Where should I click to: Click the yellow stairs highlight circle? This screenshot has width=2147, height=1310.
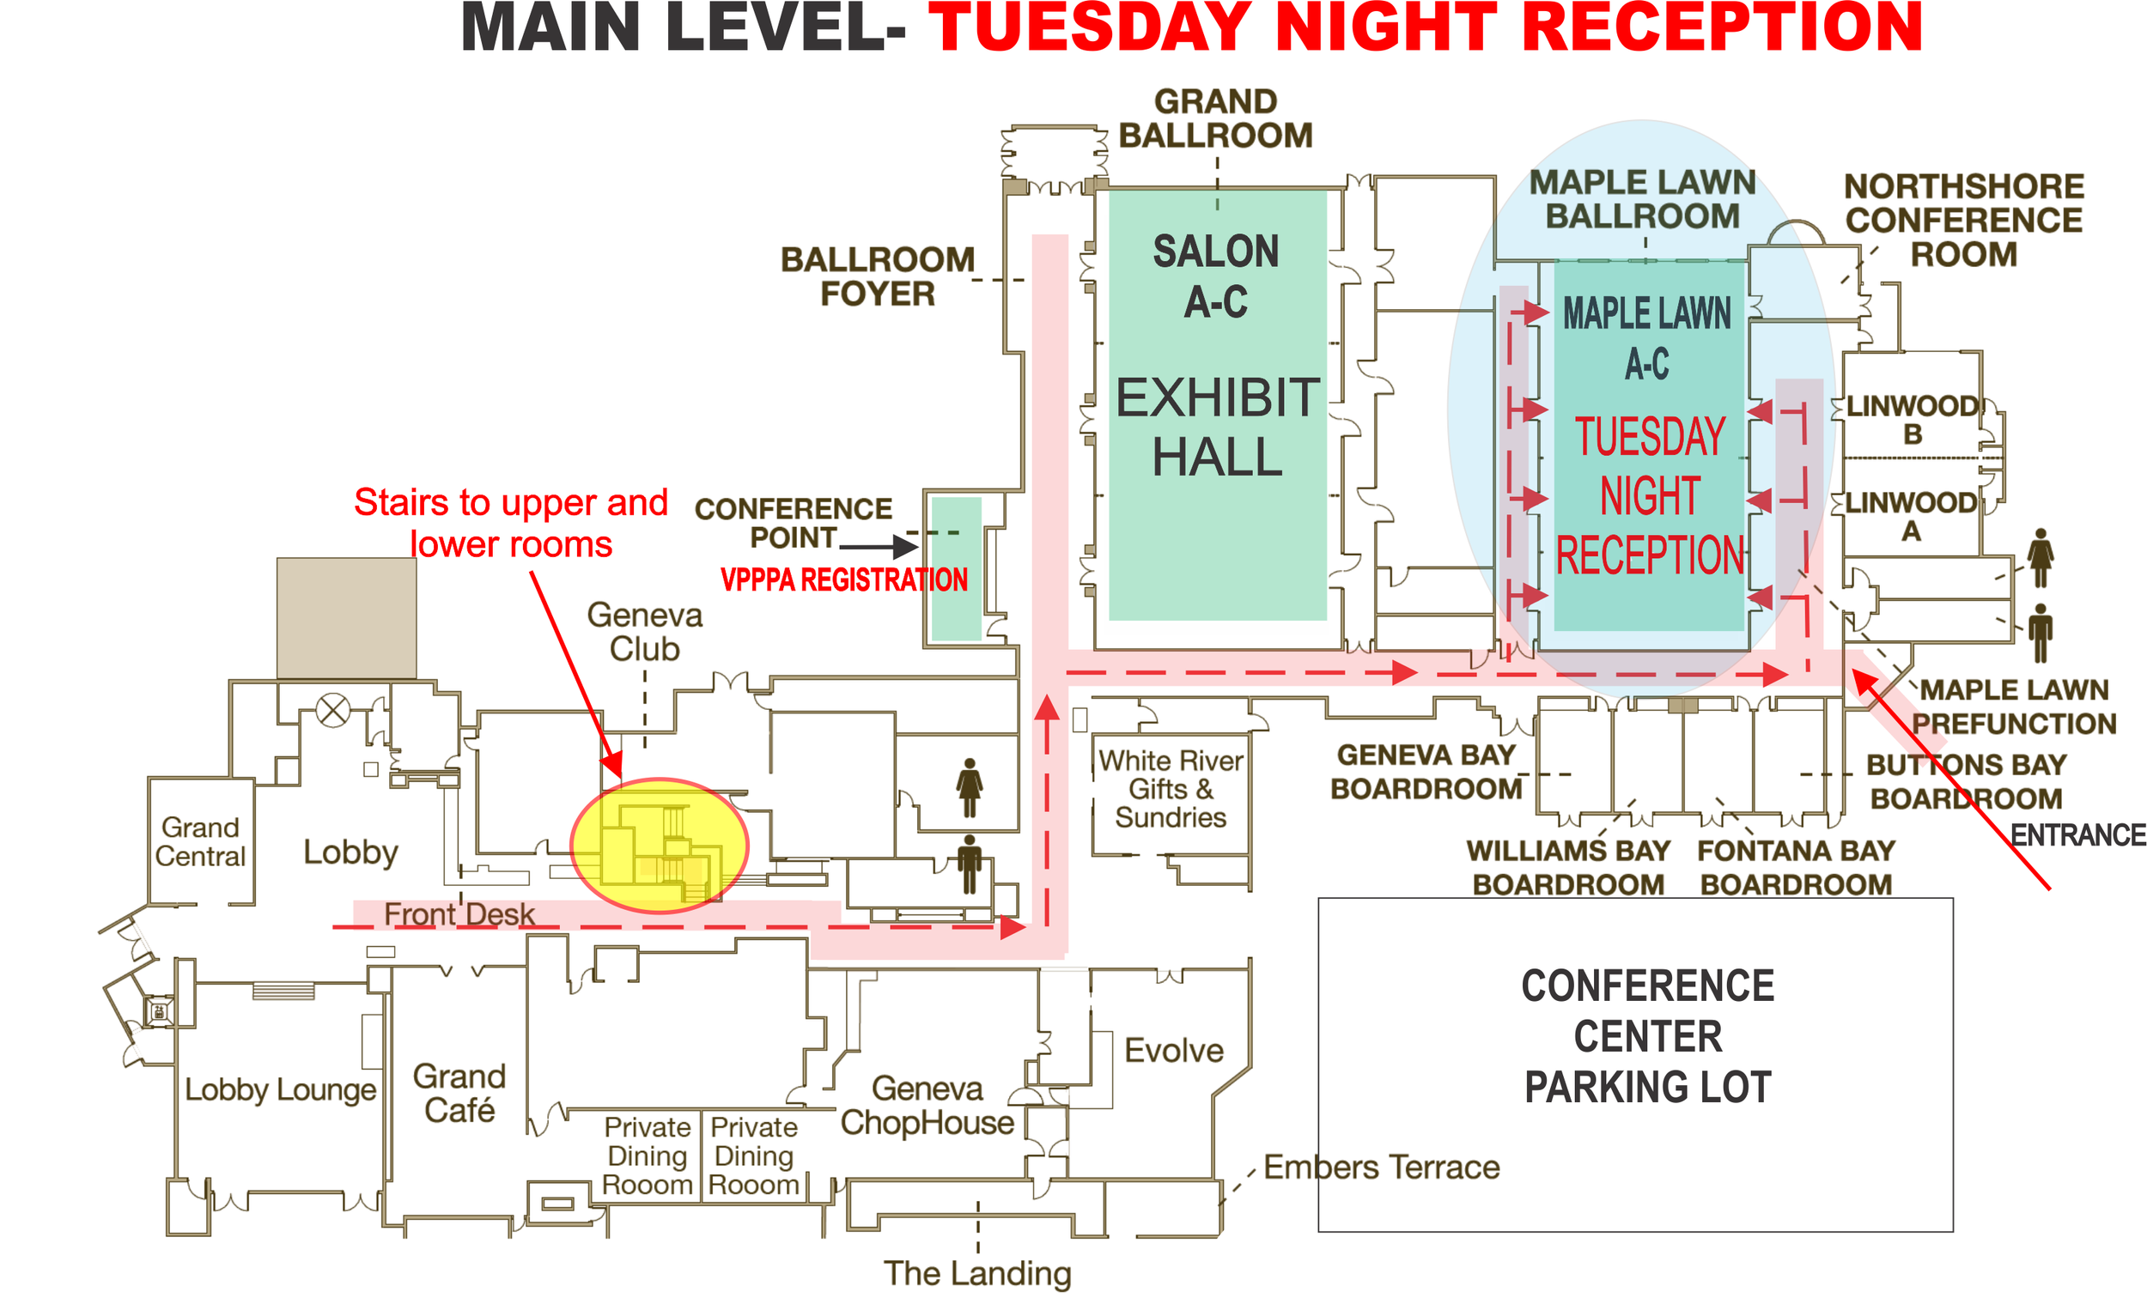(x=660, y=845)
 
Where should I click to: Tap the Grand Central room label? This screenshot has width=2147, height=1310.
(x=200, y=841)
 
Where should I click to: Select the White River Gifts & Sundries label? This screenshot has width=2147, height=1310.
(x=1171, y=788)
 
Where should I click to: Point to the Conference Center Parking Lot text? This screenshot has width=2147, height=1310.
(x=1648, y=1035)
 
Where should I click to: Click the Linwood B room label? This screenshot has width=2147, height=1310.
(x=1913, y=420)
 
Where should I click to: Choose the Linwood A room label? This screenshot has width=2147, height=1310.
(x=1911, y=517)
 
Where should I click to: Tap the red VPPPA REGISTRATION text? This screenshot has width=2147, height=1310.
(x=843, y=579)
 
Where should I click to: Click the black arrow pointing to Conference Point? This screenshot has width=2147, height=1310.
(x=879, y=547)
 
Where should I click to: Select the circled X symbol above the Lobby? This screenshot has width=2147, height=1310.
(x=333, y=710)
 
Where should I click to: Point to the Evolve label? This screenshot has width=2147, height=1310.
(x=1174, y=1051)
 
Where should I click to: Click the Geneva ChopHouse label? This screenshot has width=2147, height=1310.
(x=928, y=1106)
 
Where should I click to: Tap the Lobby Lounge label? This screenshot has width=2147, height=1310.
(x=281, y=1089)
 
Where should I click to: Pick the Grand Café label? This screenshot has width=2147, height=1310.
(x=459, y=1093)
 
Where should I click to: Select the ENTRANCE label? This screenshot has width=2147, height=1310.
(x=2078, y=835)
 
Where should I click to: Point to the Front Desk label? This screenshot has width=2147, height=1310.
(x=459, y=913)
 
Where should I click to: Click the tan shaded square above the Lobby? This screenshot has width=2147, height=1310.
(x=347, y=618)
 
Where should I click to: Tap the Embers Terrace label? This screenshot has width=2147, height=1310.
(x=1382, y=1167)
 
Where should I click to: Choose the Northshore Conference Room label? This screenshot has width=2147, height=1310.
(x=1964, y=221)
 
